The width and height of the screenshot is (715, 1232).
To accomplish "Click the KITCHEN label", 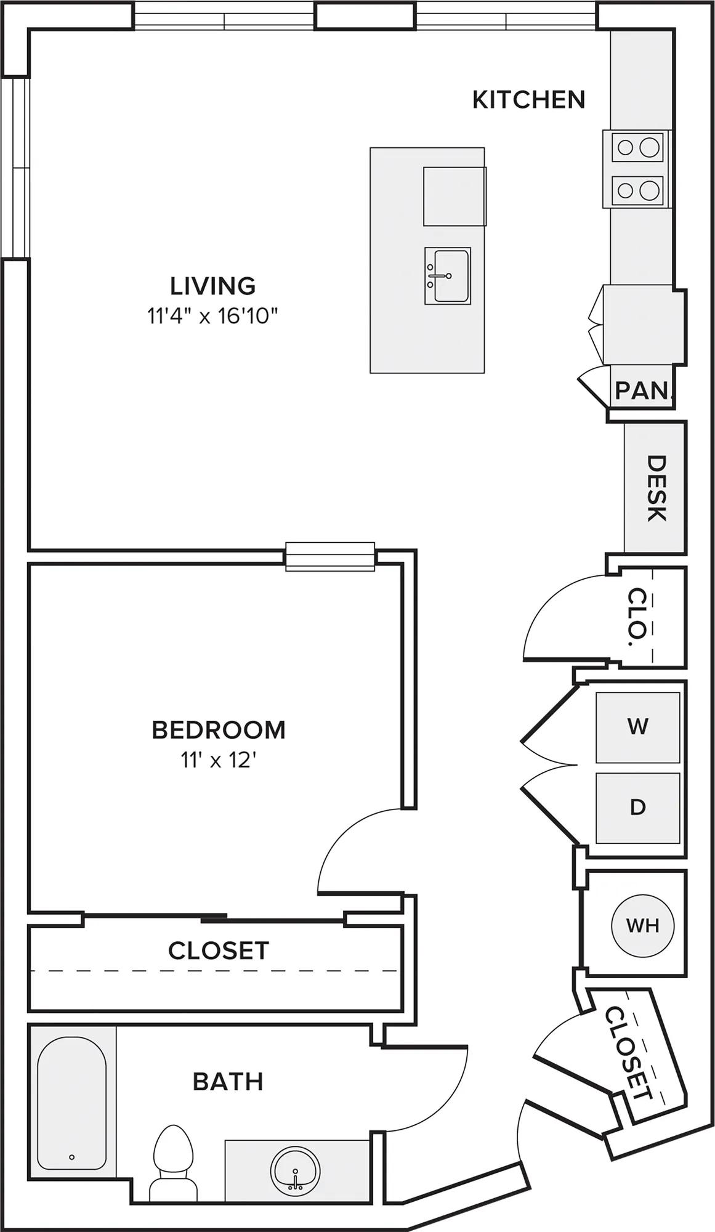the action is pos(528,99).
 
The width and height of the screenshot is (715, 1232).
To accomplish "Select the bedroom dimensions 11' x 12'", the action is pos(218,760).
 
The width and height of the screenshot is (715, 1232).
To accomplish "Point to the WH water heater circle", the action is pos(642,925).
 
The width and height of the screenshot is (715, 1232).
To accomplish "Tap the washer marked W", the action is pos(637,727).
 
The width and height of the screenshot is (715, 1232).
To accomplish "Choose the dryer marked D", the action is pos(637,808).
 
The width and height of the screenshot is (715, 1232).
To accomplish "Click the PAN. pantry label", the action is pos(643,390).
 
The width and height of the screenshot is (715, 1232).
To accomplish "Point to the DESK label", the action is pos(656,488).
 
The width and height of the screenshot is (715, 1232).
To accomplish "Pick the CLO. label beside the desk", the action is pos(637,617).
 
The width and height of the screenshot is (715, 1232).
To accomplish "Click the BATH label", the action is pos(228,1082).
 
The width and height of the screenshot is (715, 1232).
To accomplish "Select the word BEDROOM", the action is pos(219,730).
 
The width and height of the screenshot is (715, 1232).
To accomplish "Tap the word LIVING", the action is pos(213,286).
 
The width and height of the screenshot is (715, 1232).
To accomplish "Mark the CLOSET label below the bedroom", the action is pos(219,950).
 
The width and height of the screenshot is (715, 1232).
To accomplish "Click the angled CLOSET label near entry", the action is pos(628,1053).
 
